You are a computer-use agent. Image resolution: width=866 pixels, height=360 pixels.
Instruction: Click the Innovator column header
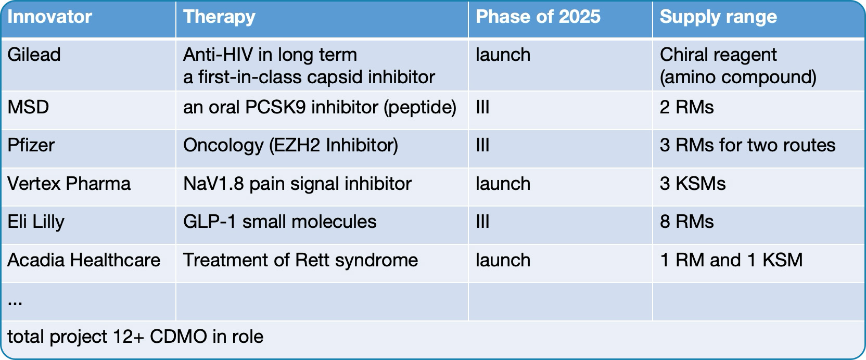(x=49, y=17)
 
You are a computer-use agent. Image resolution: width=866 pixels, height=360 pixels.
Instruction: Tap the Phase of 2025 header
(x=538, y=17)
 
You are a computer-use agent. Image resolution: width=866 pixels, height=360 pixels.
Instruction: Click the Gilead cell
(x=34, y=55)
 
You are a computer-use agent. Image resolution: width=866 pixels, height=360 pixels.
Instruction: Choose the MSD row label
(x=28, y=107)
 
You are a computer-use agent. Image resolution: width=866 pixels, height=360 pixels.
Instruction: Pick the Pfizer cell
(x=31, y=145)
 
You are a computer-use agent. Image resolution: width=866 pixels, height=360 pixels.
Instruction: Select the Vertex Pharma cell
(x=69, y=184)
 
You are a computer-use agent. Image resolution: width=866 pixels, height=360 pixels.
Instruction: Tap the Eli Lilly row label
(x=36, y=222)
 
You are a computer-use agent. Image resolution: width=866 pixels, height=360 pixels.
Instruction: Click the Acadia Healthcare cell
(x=84, y=260)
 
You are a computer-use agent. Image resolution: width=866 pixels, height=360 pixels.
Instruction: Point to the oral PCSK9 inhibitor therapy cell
(x=320, y=107)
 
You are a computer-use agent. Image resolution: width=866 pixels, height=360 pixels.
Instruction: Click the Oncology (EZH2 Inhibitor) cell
(x=291, y=146)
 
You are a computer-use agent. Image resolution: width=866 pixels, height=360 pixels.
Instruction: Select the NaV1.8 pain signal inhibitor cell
(x=297, y=184)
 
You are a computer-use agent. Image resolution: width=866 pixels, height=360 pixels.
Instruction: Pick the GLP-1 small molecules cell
(x=280, y=222)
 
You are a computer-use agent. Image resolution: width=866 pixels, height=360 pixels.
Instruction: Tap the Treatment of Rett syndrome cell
(x=300, y=260)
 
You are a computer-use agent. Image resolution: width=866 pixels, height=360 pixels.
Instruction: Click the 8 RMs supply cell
(x=686, y=222)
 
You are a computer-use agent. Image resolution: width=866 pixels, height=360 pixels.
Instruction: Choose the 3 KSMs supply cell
(x=693, y=184)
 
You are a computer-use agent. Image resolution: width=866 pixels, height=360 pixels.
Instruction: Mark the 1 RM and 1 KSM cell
(x=731, y=260)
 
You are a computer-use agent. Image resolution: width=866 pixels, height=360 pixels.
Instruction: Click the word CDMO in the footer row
(x=178, y=337)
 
